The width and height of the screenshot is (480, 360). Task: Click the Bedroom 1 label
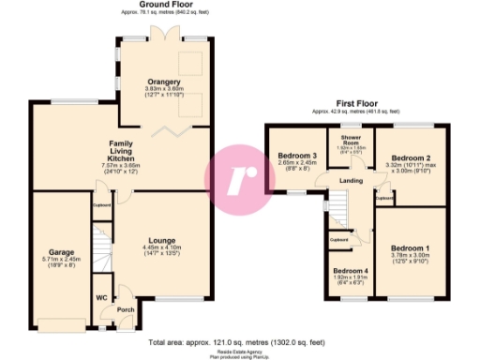411,245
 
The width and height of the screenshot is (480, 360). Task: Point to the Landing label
352,182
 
